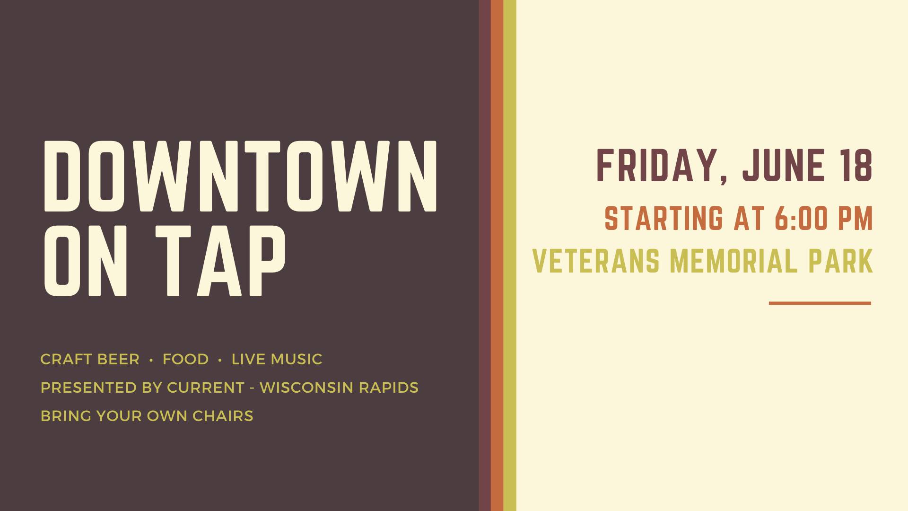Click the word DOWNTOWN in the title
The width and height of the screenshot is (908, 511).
[241, 176]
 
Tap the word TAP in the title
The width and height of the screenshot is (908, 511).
[220, 261]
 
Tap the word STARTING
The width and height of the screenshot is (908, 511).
[664, 218]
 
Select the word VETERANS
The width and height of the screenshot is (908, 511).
[596, 261]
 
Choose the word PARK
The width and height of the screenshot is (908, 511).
[840, 261]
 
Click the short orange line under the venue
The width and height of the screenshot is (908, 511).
[820, 303]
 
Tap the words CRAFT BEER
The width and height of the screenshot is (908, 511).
[90, 359]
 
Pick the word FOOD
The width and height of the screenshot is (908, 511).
[185, 359]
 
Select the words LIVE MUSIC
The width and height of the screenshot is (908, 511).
[277, 359]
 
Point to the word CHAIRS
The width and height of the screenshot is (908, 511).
[223, 416]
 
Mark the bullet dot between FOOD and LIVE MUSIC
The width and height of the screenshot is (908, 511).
[220, 360]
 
